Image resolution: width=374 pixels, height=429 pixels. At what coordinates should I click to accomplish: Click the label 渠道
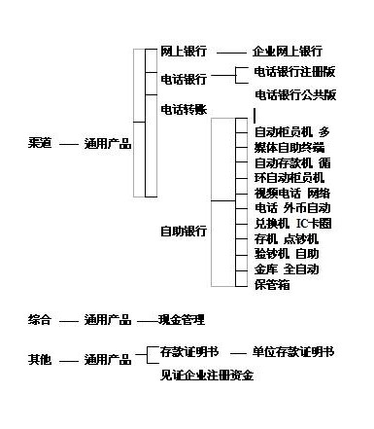[x=41, y=144]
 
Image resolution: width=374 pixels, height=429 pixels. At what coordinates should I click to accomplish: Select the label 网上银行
[x=183, y=51]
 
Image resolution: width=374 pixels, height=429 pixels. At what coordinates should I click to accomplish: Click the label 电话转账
[x=183, y=109]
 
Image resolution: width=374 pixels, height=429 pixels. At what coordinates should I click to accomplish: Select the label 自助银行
[x=183, y=232]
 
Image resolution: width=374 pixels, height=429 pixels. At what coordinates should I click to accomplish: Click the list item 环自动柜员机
[x=289, y=178]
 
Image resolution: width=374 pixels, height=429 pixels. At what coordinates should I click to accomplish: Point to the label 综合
[x=41, y=319]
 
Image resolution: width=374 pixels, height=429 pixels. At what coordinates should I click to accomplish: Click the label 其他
[x=41, y=360]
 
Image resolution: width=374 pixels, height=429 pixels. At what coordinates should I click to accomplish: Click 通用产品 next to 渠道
[x=107, y=144]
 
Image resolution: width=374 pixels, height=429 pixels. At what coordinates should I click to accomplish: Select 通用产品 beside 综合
[x=107, y=319]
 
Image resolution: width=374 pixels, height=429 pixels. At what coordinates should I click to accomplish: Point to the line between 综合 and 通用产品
[x=68, y=320]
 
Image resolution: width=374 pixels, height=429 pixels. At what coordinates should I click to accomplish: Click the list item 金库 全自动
[x=287, y=268]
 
